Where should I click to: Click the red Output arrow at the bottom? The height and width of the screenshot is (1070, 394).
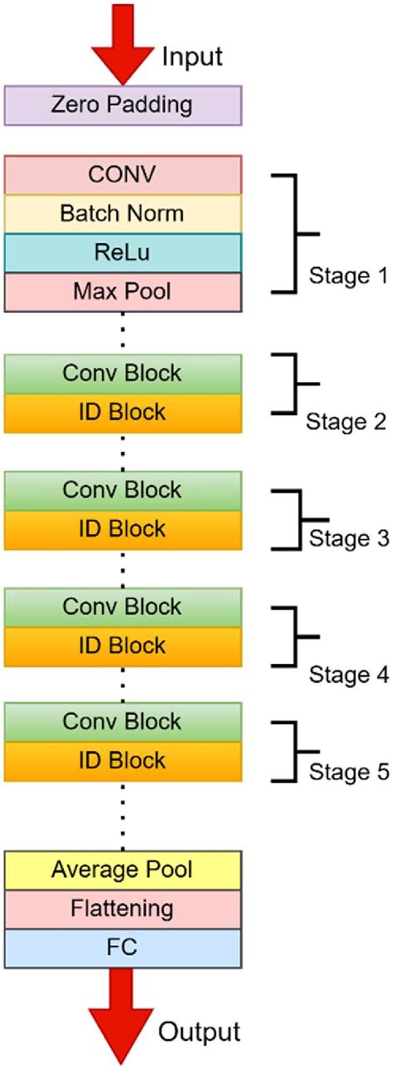(x=123, y=1023)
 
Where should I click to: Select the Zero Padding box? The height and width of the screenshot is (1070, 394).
(x=123, y=106)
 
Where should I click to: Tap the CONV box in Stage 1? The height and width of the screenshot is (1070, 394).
(x=123, y=175)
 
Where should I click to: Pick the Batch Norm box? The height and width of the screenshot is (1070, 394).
(x=123, y=214)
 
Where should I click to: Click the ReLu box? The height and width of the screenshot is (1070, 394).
(x=123, y=253)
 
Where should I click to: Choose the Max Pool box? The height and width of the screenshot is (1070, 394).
(x=123, y=292)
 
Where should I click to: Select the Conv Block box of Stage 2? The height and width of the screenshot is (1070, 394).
(x=123, y=374)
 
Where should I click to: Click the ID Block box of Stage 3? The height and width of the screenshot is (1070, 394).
(x=123, y=529)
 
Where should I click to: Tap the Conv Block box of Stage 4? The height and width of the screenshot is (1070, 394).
(x=123, y=607)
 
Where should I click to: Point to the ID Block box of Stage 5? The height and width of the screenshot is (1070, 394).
(x=123, y=761)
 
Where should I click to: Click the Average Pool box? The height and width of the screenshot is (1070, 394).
(x=123, y=870)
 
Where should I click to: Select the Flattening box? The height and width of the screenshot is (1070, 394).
(x=123, y=909)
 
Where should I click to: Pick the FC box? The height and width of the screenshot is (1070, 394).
(x=123, y=949)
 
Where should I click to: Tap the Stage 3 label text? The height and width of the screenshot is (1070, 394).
(x=348, y=537)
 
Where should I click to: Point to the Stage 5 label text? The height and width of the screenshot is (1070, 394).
(x=348, y=772)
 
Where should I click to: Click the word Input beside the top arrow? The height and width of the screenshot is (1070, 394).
(x=192, y=57)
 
